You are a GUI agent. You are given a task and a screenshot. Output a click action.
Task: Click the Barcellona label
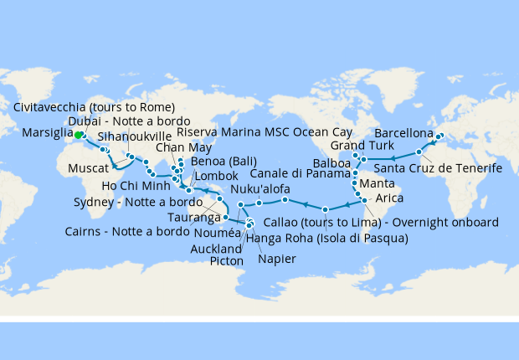coord(403,133)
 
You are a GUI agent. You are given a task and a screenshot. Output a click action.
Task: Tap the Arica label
coord(390,198)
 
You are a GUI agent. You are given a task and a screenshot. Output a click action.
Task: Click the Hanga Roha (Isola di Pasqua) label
coord(326,239)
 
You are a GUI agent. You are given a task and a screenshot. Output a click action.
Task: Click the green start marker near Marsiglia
coord(77,134)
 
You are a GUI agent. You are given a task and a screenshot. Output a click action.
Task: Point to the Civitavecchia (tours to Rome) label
coord(95,106)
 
